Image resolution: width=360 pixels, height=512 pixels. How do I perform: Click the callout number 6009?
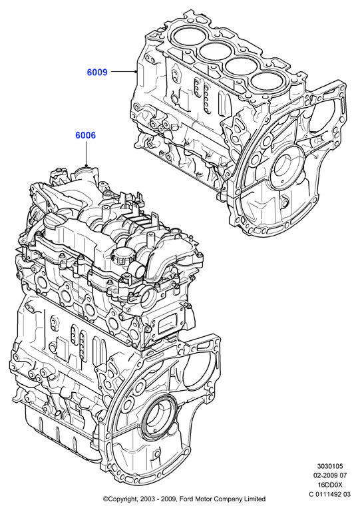pyautogui.click(x=97, y=72)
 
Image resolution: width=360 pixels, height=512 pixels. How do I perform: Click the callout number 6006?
pyautogui.click(x=86, y=135)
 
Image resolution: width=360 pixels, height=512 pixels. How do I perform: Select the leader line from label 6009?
pyautogui.click(x=123, y=71)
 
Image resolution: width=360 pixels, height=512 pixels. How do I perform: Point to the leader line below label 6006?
pyautogui.click(x=86, y=153)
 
